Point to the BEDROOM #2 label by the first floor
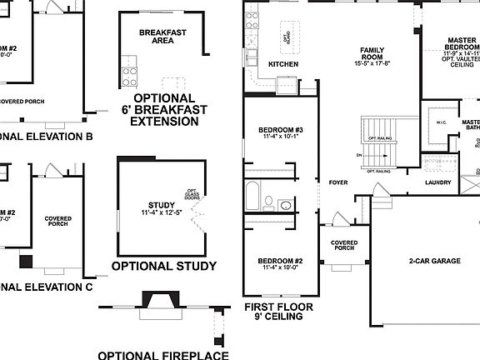tap(280, 262)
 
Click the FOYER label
tap(337, 182)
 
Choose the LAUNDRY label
tap(437, 182)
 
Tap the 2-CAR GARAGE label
tap(434, 261)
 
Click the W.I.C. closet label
tap(441, 123)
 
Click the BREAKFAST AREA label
tap(162, 35)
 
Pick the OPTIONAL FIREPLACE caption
tap(163, 354)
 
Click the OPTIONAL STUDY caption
tap(163, 267)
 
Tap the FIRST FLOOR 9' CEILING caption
tap(278, 312)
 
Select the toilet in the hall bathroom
tap(268, 201)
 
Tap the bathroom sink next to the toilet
tap(286, 204)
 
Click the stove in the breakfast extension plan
tap(130, 76)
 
